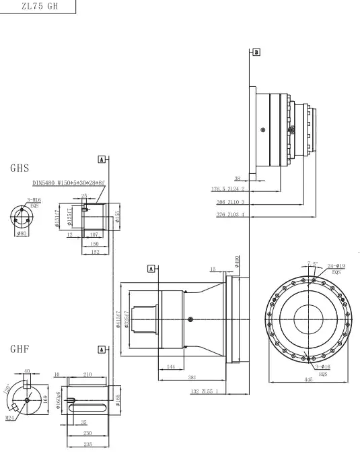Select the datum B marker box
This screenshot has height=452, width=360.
point(256,51)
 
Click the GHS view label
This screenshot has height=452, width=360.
point(20,168)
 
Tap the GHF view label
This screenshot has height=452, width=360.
point(20,350)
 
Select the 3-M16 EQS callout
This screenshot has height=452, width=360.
point(34,201)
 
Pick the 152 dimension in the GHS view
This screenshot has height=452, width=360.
point(96,252)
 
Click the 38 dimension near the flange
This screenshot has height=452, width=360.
point(238,179)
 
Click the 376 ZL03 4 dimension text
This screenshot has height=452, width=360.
point(230,215)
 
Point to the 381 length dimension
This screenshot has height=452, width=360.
point(192,377)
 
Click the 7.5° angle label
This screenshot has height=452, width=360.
point(312,263)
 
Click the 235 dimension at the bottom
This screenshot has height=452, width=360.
point(87,444)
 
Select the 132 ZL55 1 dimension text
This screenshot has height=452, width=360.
point(205,391)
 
